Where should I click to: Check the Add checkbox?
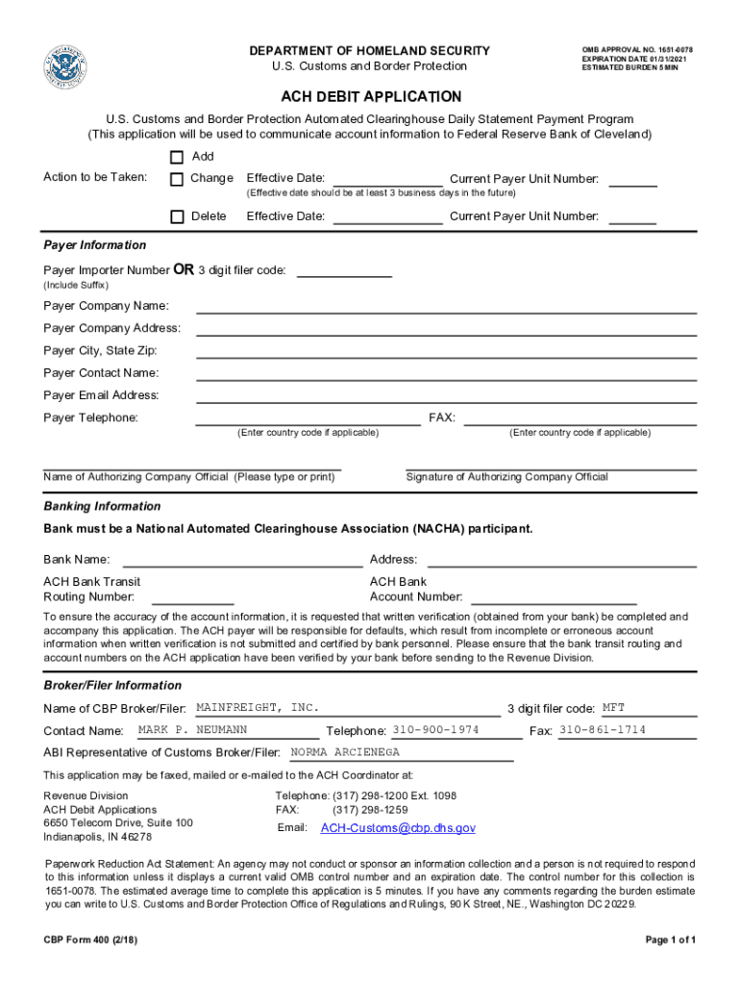tap(177, 157)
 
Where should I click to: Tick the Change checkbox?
tap(177, 179)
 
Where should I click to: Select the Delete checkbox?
tap(177, 216)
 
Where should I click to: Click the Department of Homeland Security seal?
tap(64, 67)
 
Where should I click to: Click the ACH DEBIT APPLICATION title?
tap(371, 97)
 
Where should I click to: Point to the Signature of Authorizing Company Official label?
tap(506, 477)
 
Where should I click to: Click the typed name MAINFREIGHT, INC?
tap(257, 708)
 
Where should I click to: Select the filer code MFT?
tap(613, 708)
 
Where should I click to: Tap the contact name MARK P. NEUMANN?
tap(192, 730)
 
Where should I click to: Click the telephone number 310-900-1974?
tap(435, 730)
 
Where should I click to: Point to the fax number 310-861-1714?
tap(603, 730)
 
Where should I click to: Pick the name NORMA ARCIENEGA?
tap(345, 752)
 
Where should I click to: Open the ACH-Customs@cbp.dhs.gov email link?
tap(398, 828)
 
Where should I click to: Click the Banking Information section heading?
tap(102, 506)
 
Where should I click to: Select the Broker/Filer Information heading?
tap(112, 685)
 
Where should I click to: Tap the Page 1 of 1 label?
tap(671, 939)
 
